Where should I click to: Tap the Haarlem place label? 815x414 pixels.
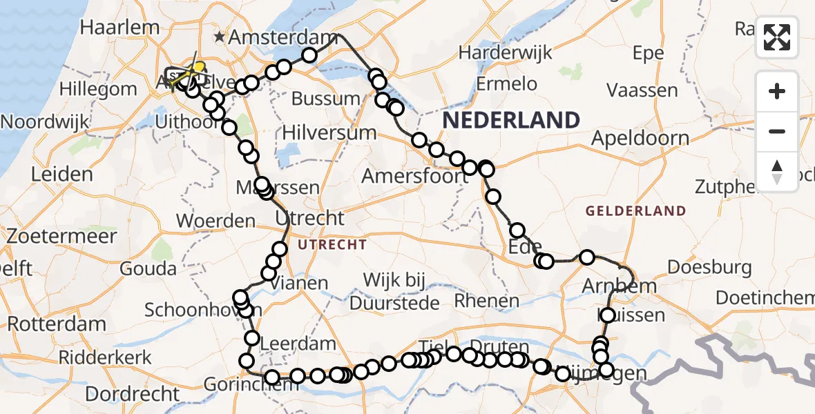click(119, 28)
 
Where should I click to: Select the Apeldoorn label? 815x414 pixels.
click(640, 138)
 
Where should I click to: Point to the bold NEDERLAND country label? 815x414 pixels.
click(511, 120)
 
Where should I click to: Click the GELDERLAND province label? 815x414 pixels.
click(636, 211)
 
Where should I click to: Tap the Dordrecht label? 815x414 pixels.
click(133, 395)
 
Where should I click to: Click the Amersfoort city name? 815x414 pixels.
click(415, 176)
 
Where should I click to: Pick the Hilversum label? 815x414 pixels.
click(329, 132)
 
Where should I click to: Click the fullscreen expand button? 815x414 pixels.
click(778, 37)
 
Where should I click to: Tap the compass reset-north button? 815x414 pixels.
click(778, 170)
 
